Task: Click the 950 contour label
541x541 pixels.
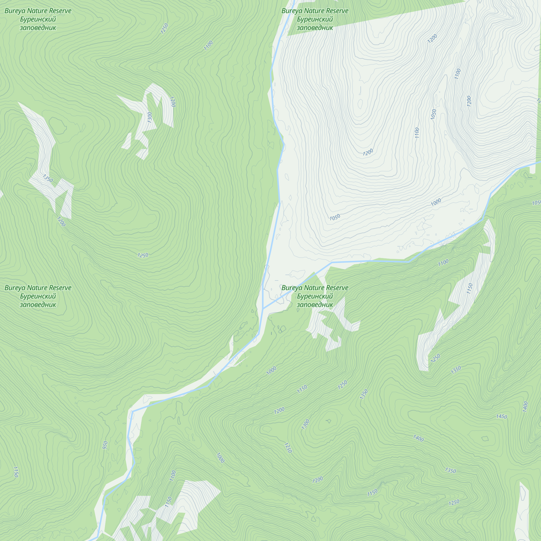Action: (x=105, y=445)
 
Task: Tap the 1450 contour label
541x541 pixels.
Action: (x=502, y=416)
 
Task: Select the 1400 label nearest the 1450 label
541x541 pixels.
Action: (x=525, y=407)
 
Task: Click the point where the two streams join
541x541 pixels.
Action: (x=263, y=309)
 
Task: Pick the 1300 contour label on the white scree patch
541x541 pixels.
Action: (x=150, y=117)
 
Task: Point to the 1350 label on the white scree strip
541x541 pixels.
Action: (x=48, y=178)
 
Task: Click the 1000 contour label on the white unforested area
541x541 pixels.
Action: (x=436, y=202)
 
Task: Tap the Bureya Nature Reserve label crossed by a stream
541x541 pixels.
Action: (x=315, y=288)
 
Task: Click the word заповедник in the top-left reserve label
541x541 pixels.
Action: (x=38, y=28)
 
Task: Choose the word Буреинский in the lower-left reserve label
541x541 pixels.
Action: (x=38, y=296)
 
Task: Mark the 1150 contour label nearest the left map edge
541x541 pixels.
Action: (x=16, y=472)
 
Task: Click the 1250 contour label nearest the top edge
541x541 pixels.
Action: (x=164, y=29)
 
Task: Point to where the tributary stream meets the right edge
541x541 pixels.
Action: (x=540, y=162)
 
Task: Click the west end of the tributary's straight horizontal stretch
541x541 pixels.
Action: (x=332, y=263)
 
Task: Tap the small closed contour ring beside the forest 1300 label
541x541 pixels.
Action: (x=328, y=421)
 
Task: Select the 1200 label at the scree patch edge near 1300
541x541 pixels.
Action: (x=173, y=102)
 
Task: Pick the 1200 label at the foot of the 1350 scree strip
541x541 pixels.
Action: (x=61, y=222)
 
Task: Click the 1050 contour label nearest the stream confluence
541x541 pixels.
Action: (x=335, y=217)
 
